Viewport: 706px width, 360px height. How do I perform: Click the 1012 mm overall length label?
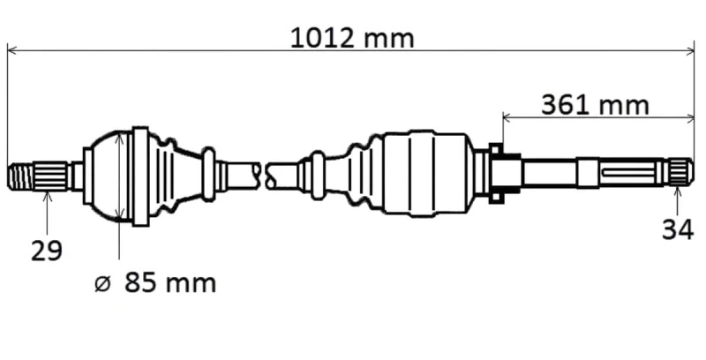coord(352,38)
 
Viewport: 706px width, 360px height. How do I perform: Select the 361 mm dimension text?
coord(595,105)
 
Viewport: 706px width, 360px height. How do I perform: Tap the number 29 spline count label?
coord(47,251)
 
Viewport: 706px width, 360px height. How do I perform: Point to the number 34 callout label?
coord(678,230)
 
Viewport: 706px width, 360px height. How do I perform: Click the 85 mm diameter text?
coord(170,283)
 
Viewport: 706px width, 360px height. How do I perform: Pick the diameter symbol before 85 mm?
coord(102,284)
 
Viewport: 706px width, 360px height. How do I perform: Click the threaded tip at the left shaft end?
coord(19,176)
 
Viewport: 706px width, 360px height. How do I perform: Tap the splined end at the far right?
coord(680,172)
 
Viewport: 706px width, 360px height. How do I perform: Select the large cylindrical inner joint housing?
coord(425,174)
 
